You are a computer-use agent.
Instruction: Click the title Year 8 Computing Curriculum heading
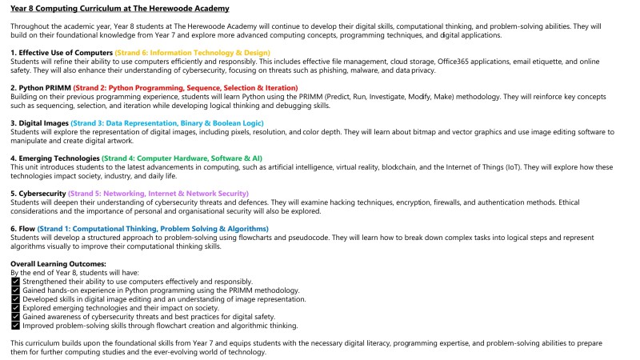tap(120, 9)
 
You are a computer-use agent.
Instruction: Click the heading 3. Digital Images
tap(39, 122)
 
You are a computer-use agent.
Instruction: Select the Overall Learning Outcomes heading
tap(58, 264)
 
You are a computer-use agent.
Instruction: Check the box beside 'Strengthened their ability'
tap(15, 282)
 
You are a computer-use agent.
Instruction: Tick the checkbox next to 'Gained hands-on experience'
tap(15, 290)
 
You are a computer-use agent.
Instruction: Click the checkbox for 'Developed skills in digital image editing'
tap(15, 299)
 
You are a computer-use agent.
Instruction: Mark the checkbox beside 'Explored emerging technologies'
tap(15, 308)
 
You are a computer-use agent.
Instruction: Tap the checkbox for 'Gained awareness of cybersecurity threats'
tap(15, 317)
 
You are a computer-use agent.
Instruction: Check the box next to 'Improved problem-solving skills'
tap(15, 326)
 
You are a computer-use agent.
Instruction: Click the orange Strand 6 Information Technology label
tap(193, 52)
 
